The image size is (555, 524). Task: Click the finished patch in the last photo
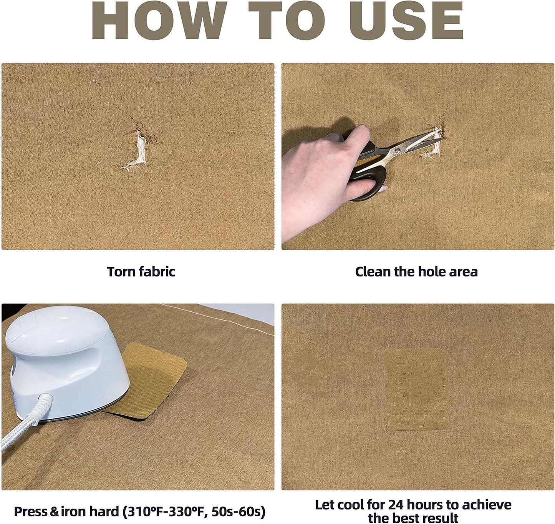coord(416,389)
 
